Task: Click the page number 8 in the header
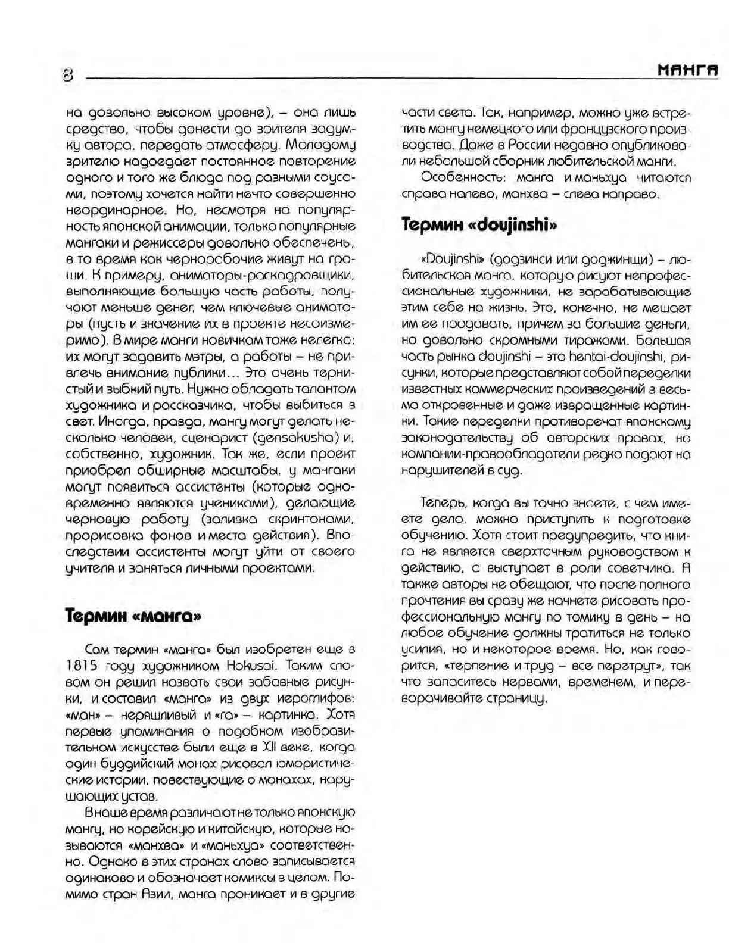[68, 75]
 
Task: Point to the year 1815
[84, 664]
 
